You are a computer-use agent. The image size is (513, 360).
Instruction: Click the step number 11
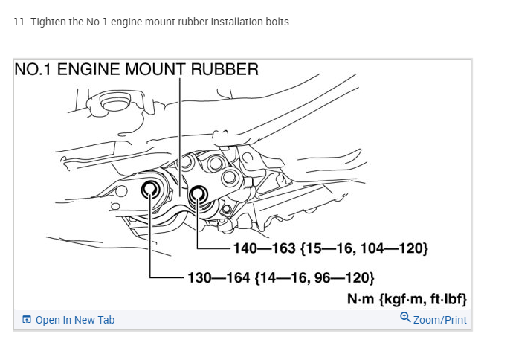click(x=19, y=22)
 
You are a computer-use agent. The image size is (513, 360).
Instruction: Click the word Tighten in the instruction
click(x=45, y=22)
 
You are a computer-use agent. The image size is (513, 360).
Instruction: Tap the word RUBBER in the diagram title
click(x=225, y=70)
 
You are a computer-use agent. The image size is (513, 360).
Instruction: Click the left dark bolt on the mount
click(x=150, y=188)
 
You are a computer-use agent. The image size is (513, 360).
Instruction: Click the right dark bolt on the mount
click(x=199, y=196)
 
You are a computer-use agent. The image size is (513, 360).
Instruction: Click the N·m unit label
click(x=363, y=299)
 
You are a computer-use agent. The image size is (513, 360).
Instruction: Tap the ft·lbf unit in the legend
click(x=445, y=299)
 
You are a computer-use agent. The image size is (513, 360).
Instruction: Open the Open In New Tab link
click(x=75, y=320)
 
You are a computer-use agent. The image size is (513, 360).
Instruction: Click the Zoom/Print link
click(x=440, y=320)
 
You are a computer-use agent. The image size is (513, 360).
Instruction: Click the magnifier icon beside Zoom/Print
click(x=405, y=318)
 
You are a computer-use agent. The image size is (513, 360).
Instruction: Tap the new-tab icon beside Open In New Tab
click(x=27, y=320)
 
